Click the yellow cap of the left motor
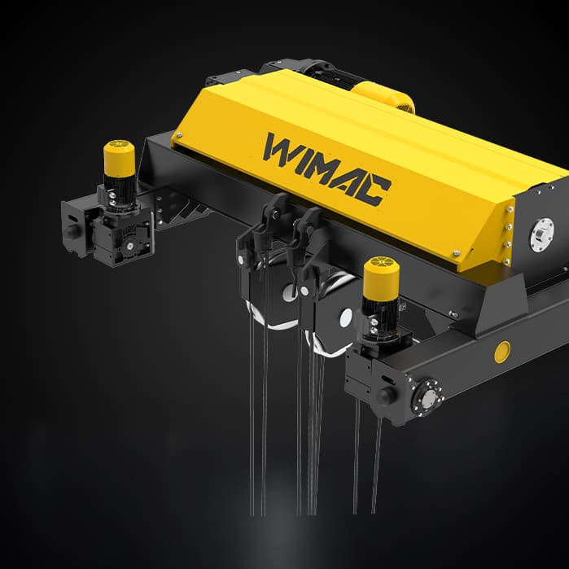(119, 158)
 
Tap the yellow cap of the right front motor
(380, 277)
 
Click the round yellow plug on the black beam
(502, 352)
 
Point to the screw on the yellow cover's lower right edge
(457, 253)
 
